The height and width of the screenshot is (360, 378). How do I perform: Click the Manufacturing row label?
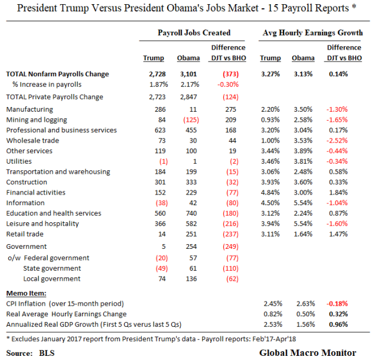point(29,109)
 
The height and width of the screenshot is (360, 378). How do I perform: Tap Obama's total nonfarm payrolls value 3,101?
point(188,74)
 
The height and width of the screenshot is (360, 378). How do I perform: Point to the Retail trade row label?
point(25,234)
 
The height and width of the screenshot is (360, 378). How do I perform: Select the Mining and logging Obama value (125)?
point(188,120)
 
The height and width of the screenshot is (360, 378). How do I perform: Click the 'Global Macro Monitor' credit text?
point(308,352)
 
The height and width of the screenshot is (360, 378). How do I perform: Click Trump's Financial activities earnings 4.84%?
point(270,193)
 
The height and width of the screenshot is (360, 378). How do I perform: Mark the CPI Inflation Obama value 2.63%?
point(302,303)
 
